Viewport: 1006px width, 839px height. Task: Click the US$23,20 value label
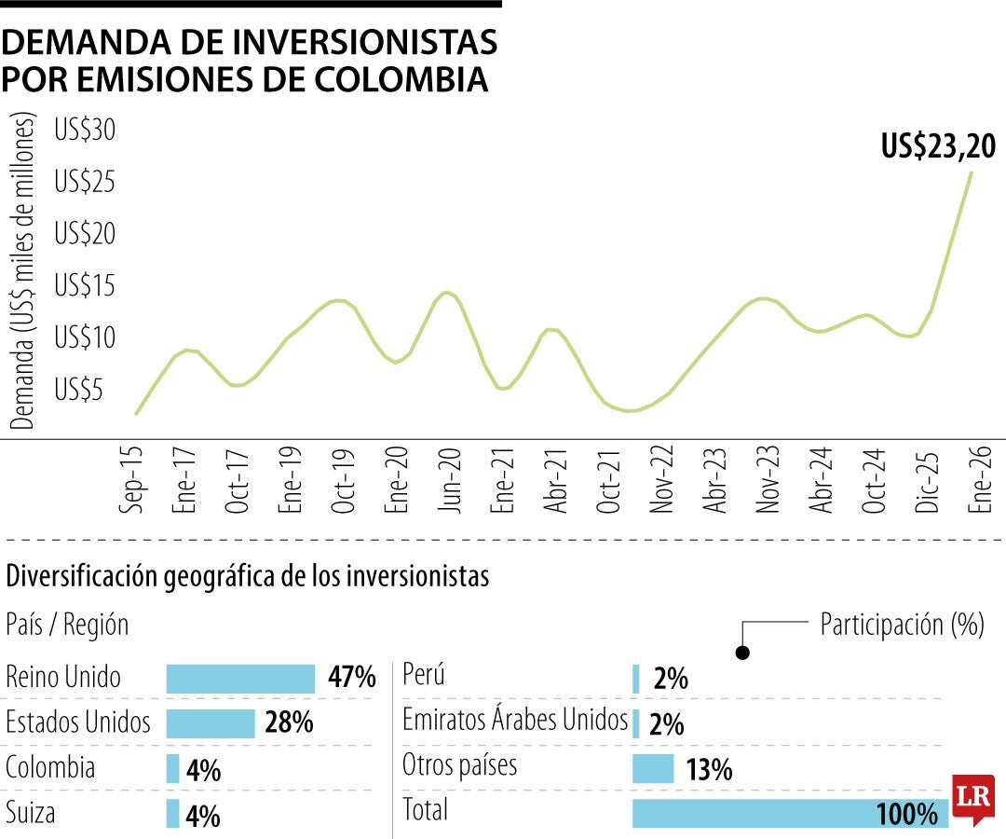tap(938, 146)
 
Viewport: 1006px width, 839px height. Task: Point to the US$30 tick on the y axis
tap(85, 131)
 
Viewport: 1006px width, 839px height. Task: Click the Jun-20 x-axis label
tap(451, 482)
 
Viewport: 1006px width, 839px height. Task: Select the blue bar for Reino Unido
tap(240, 679)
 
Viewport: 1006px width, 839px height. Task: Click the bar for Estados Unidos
tap(211, 723)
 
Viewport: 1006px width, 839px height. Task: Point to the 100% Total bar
tap(790, 813)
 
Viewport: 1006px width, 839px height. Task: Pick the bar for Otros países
tap(653, 768)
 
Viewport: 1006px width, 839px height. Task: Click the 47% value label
tap(351, 678)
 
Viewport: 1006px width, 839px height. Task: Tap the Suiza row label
tap(31, 813)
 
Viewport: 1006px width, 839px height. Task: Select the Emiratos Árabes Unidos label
tap(515, 720)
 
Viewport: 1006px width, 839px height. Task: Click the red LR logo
tap(972, 798)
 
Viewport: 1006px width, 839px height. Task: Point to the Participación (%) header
tap(902, 625)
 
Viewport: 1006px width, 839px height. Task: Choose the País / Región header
tap(67, 625)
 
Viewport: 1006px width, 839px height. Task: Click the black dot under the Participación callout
tap(742, 653)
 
